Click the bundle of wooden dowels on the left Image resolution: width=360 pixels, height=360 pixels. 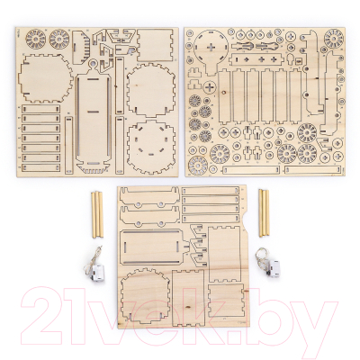(x=97, y=214)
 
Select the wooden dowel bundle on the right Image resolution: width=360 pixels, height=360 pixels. (x=264, y=212)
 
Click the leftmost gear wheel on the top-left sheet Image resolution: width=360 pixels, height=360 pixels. (x=35, y=39)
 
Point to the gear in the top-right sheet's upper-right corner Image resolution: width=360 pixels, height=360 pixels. (x=334, y=38)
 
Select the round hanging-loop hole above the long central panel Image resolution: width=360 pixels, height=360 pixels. (x=94, y=64)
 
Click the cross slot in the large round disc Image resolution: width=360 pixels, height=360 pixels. (x=212, y=47)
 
